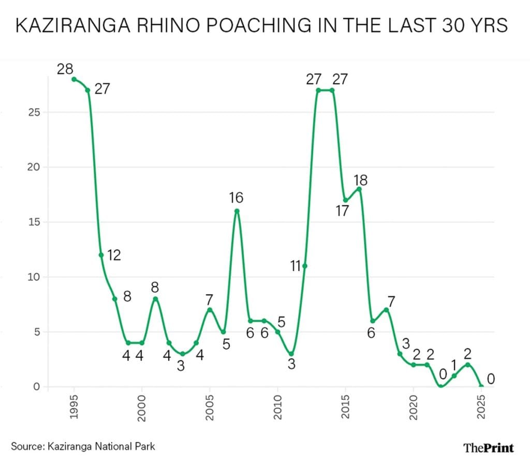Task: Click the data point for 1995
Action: tap(74, 79)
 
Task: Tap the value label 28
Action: tap(65, 68)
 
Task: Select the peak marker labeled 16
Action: tap(237, 211)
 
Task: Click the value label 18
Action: tap(361, 180)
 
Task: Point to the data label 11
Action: tap(296, 266)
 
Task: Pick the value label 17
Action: tap(342, 211)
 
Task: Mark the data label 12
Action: tap(114, 255)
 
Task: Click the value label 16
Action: tap(237, 197)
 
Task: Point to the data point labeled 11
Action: tap(305, 266)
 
